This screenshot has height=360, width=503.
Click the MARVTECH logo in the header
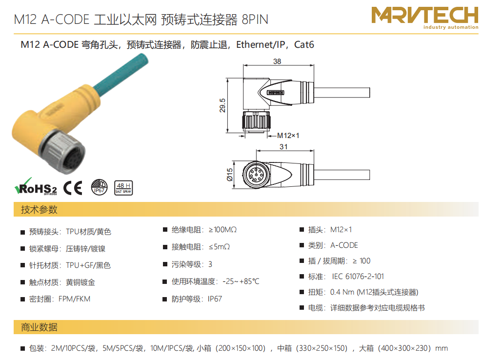425,18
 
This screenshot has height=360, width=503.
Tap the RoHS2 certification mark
36,187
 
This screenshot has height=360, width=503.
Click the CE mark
73,188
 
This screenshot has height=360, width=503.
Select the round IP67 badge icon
99,187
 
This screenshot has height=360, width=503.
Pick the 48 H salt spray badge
123,188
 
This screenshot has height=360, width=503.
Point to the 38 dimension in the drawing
277,61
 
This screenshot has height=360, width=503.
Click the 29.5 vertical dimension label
222,105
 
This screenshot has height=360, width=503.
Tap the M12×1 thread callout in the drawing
288,136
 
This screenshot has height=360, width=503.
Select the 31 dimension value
283,147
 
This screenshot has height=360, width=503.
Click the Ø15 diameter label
230,175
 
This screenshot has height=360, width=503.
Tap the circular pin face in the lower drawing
256,175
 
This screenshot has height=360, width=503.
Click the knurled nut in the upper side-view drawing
256,120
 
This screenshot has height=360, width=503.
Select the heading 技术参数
39,210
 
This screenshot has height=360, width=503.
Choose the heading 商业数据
39,327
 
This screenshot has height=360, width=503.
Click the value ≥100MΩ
222,230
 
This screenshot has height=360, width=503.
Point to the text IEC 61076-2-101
358,277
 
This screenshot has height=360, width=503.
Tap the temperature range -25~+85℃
241,281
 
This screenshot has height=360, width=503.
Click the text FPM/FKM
75,299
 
